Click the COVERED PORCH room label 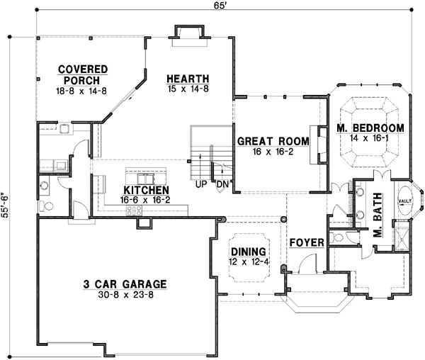[83, 74]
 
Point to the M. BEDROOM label [370, 128]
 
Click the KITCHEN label [146, 191]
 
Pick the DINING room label [249, 252]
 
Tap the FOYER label [307, 243]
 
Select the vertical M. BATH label [378, 215]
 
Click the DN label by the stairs [222, 186]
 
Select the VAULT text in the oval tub [405, 201]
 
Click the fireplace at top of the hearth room [188, 33]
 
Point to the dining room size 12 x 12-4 [249, 261]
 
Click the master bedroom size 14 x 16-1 [370, 139]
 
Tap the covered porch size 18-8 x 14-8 [83, 91]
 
